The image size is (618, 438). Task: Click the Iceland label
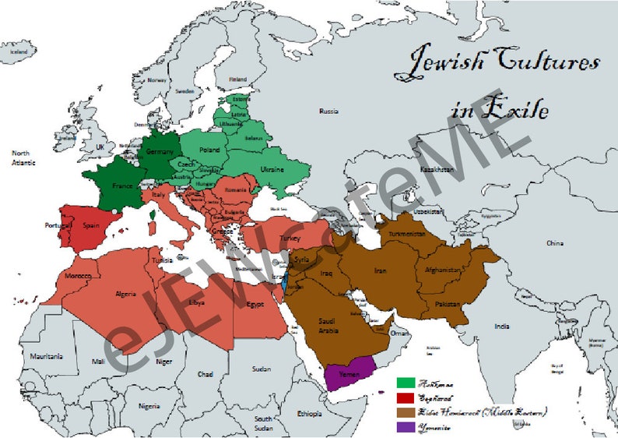18,51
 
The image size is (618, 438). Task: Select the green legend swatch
406,383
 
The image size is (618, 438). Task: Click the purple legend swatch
406,426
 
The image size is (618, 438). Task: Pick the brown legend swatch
406,412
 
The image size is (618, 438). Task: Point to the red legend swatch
406,397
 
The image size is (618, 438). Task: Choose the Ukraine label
271,169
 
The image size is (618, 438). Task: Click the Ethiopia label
309,413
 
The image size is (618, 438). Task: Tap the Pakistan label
447,302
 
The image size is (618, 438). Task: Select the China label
555,243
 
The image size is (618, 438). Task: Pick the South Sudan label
263,424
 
